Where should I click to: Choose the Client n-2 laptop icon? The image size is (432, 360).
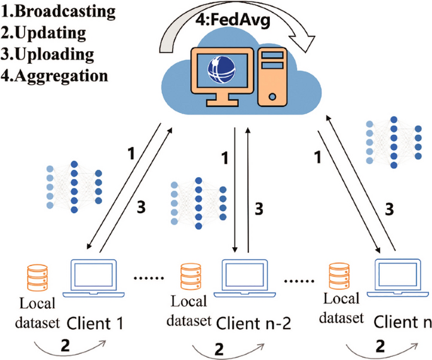click(247, 277)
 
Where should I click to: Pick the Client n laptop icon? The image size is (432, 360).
click(397, 277)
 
